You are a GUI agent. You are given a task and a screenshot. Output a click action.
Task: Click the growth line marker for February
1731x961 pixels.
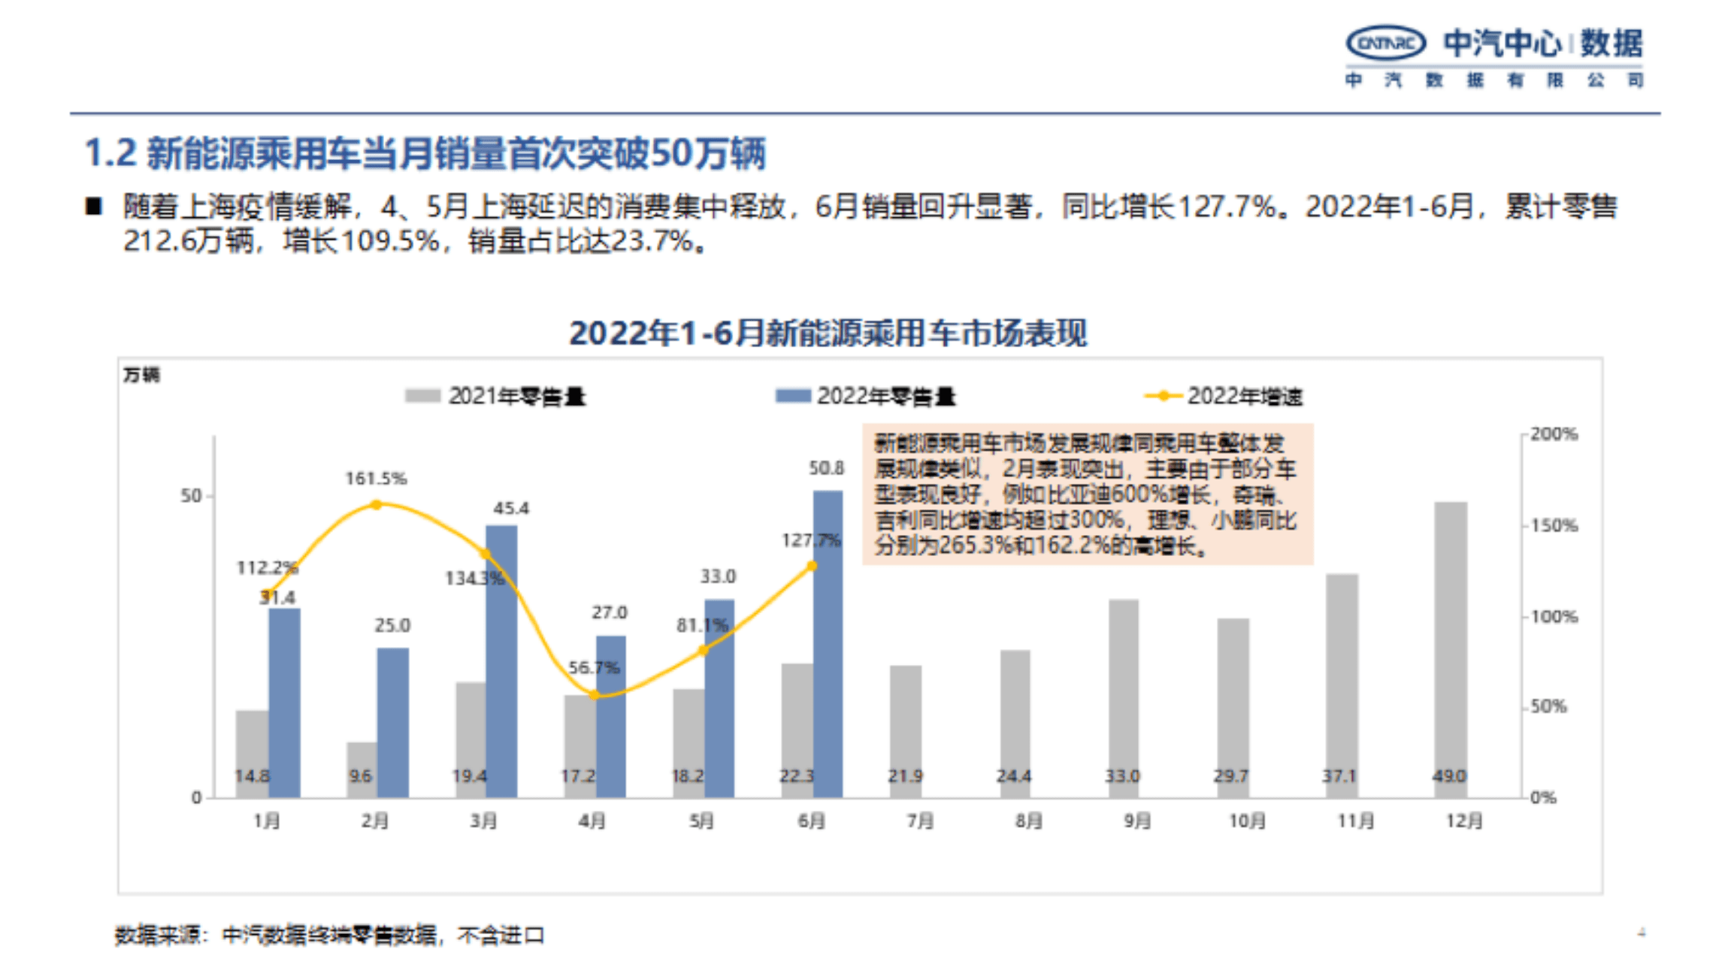click(377, 505)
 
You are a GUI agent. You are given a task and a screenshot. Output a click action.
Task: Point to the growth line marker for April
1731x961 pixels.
click(595, 695)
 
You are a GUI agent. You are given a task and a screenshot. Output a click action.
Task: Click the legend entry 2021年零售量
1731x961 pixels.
click(496, 396)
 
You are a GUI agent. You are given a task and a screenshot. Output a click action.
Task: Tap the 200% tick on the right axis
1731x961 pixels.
click(1554, 434)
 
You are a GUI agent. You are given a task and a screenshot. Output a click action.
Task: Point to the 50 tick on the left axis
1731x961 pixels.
click(191, 496)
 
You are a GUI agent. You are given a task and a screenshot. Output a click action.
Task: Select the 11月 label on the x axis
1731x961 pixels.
click(1355, 820)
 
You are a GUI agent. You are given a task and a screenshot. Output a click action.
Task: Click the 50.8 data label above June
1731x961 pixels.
click(826, 468)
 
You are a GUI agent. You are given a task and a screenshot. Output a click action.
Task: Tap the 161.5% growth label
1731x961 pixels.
click(376, 479)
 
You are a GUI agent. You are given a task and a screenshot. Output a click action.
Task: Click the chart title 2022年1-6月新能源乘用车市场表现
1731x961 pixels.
click(828, 334)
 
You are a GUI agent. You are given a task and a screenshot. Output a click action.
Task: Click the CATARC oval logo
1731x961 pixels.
click(1385, 43)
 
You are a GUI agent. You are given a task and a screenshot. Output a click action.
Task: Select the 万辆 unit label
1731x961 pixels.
click(141, 374)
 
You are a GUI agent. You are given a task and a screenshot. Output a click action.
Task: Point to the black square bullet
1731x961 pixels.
click(93, 206)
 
